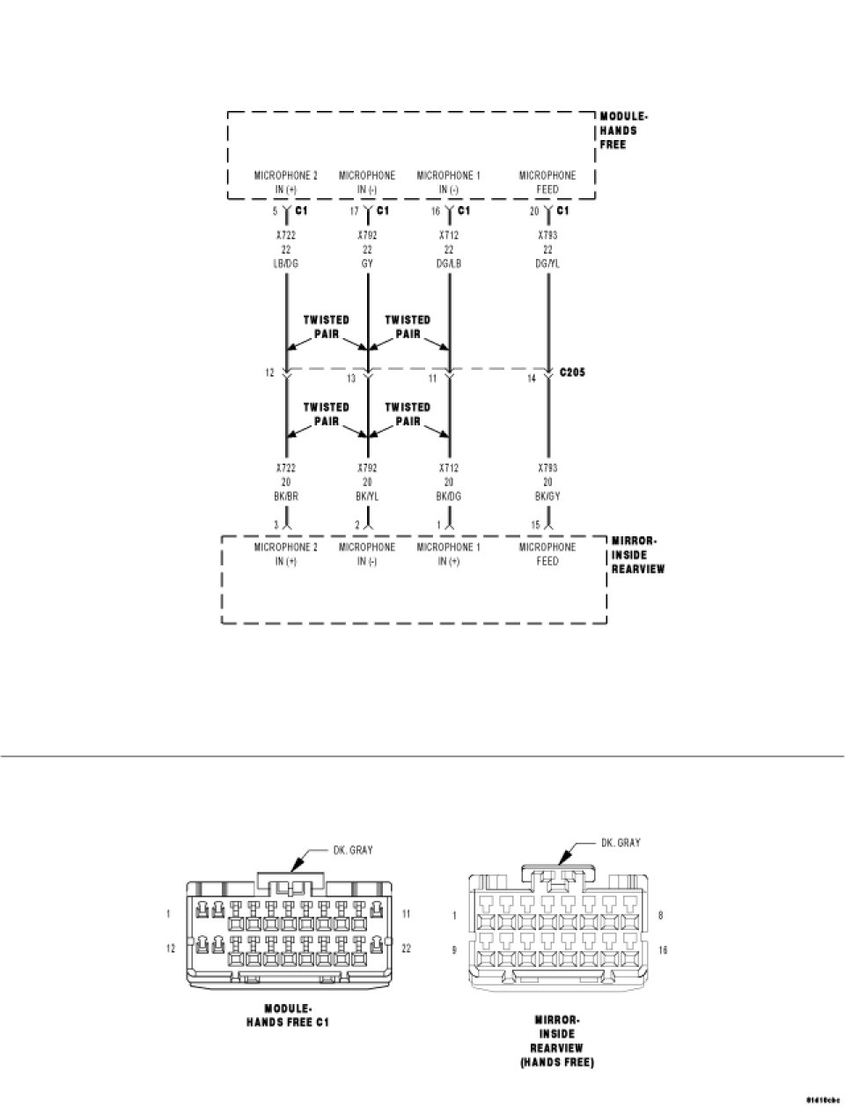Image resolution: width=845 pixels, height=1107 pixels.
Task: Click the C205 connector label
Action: [x=572, y=373]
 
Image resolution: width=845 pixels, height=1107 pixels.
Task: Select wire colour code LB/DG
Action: [x=286, y=263]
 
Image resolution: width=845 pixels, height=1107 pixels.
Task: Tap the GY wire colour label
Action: [x=367, y=263]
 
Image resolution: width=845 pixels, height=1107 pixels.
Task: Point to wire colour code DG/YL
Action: [x=547, y=263]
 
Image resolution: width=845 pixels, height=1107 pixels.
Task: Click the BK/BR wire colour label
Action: [x=286, y=497]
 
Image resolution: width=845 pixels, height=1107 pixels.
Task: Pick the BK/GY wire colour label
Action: [x=547, y=497]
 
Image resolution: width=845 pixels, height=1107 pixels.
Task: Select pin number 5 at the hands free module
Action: [x=275, y=211]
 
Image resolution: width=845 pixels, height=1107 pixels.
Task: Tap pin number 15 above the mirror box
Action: [x=534, y=526]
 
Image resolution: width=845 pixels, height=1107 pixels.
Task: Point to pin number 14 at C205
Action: [x=532, y=379]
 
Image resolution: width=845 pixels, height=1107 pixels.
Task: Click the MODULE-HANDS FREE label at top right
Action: [x=624, y=130]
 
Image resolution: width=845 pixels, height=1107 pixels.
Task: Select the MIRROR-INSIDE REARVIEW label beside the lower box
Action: [x=637, y=555]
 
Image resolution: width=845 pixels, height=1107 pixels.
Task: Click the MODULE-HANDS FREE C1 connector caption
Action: [x=288, y=1015]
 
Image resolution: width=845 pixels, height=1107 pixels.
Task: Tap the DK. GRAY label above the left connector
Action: [x=352, y=850]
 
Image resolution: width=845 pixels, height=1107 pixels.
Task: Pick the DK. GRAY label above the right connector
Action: [x=621, y=843]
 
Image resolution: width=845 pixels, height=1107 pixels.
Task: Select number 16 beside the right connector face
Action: [x=662, y=950]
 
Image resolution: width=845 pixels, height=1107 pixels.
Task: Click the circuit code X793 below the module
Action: [x=547, y=236]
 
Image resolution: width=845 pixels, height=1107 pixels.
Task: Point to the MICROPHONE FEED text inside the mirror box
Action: [x=547, y=554]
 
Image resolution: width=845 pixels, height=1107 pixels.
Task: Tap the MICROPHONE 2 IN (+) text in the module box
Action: [x=285, y=182]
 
